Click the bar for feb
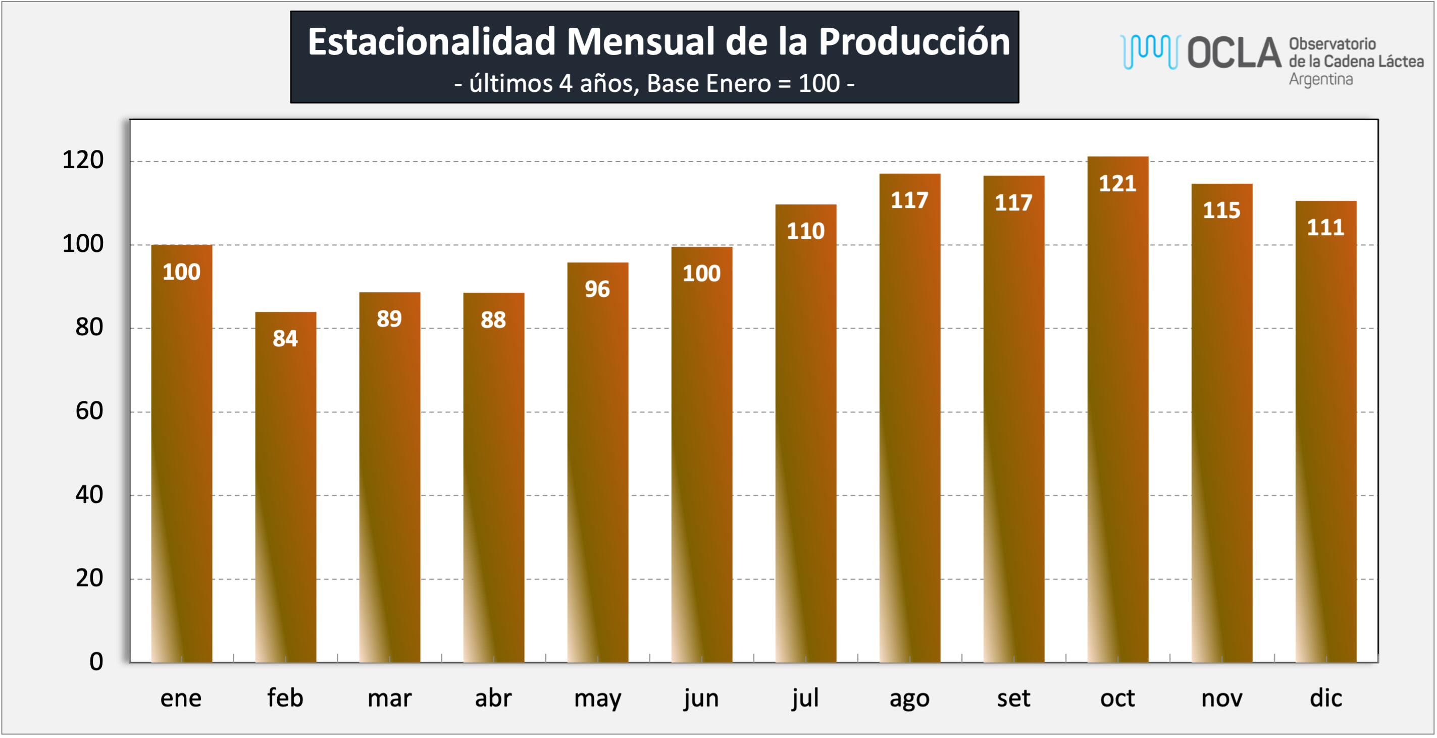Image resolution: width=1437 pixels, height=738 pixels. [286, 487]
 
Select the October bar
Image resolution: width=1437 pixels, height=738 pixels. [1118, 409]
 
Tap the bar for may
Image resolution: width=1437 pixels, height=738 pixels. [597, 462]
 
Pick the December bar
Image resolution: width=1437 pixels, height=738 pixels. [1326, 432]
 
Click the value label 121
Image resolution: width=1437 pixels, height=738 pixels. [1117, 184]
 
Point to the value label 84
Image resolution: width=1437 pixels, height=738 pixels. [285, 338]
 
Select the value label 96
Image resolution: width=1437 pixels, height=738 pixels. [597, 289]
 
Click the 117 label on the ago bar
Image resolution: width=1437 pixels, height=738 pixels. [909, 200]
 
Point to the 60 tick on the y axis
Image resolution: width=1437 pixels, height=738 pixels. [89, 411]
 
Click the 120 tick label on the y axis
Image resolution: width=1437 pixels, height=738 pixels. [83, 160]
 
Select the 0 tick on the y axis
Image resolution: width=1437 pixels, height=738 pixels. [96, 662]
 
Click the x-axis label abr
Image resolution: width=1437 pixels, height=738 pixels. [493, 698]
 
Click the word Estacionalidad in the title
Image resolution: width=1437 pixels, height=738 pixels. [432, 42]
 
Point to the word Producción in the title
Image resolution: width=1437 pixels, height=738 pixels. [914, 42]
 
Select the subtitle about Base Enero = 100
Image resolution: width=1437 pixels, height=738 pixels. [654, 84]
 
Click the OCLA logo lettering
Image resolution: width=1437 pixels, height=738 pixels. [1234, 53]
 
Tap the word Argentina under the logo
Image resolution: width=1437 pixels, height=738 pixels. [1320, 79]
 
